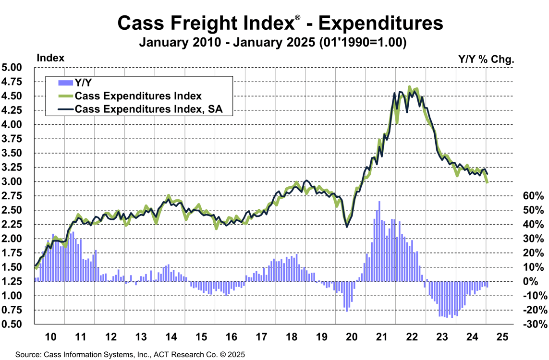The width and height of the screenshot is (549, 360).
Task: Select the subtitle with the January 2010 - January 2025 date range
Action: click(x=273, y=42)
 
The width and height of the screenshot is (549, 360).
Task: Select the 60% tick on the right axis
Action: click(x=533, y=196)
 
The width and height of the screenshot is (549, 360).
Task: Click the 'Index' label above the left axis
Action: click(x=50, y=58)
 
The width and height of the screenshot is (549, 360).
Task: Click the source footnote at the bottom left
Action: click(x=130, y=354)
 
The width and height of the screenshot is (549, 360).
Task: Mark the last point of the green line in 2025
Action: click(x=488, y=182)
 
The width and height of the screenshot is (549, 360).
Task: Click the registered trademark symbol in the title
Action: click(x=298, y=18)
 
